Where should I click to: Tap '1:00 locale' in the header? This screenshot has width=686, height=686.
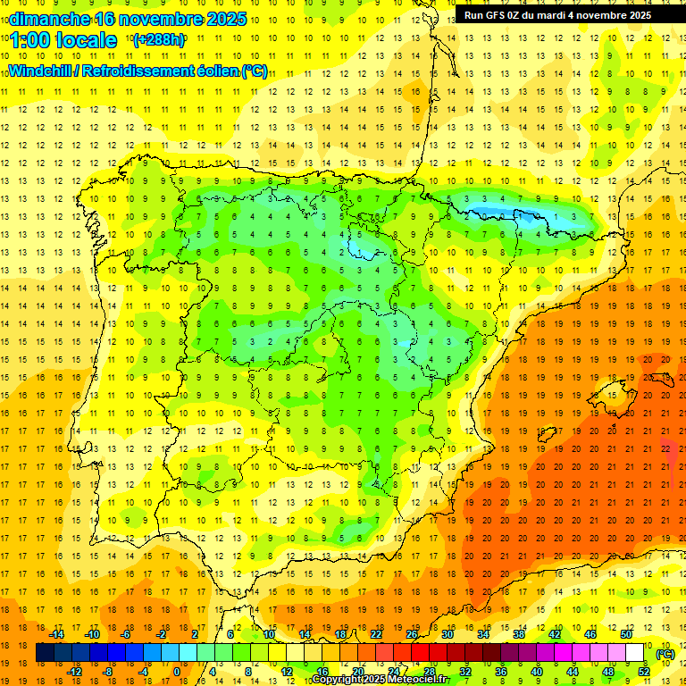click(x=64, y=40)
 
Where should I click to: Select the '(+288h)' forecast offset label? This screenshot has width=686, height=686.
click(x=158, y=40)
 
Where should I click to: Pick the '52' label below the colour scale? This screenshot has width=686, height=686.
click(x=644, y=672)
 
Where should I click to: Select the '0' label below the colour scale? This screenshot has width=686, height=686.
click(x=176, y=672)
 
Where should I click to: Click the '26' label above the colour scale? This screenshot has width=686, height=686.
click(x=412, y=634)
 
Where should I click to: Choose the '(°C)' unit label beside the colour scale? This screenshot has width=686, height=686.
click(x=665, y=653)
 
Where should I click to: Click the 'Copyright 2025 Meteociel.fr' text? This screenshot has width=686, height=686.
click(x=381, y=680)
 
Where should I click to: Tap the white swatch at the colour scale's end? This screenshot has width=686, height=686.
click(x=635, y=653)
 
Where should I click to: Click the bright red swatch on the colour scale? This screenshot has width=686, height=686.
click(x=421, y=653)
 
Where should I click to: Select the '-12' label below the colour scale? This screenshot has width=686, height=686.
click(x=74, y=672)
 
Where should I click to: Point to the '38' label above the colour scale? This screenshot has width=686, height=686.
click(x=519, y=634)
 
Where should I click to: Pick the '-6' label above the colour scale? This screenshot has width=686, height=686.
click(x=126, y=634)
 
